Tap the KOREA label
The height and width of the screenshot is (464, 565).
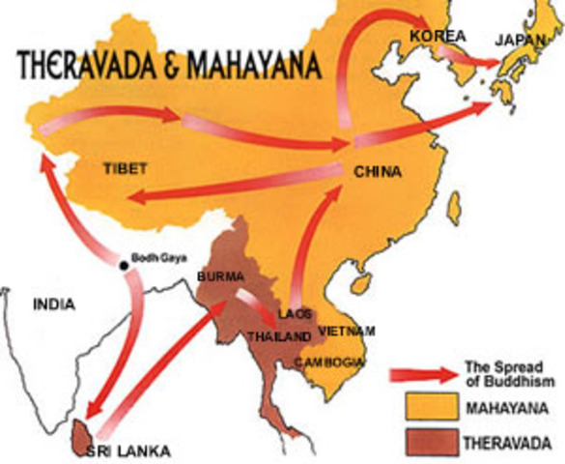(438, 36)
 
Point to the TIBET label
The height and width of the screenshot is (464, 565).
(125, 168)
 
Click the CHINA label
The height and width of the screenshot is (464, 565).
(378, 172)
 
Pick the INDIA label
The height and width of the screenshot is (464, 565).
(54, 304)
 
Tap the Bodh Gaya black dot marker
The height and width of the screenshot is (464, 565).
(124, 265)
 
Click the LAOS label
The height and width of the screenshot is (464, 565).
(292, 315)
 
